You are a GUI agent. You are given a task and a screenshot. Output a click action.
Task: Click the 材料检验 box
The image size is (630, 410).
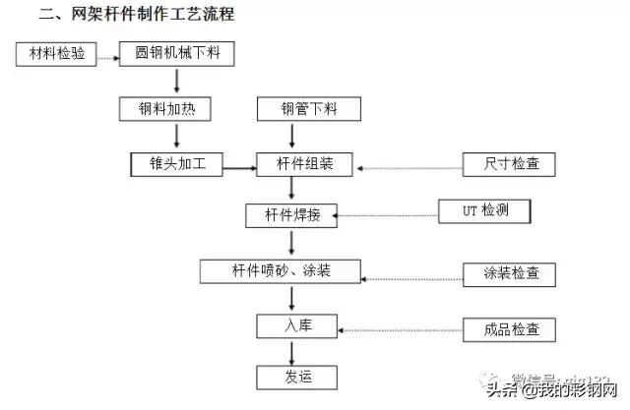[x=57, y=54]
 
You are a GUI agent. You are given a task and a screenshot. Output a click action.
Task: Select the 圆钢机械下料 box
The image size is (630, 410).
[x=177, y=54]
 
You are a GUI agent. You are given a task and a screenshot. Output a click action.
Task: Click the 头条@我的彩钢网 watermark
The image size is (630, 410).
[x=547, y=391]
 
